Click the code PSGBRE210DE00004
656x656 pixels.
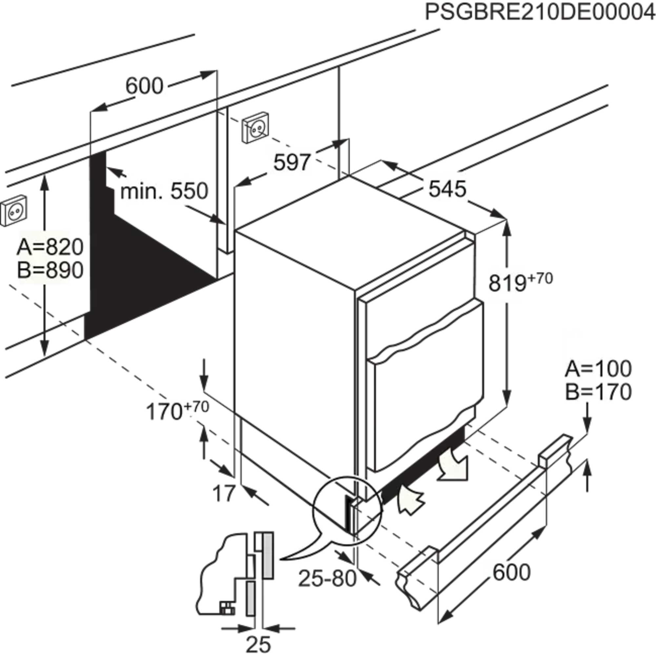click(540, 13)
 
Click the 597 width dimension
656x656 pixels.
click(292, 162)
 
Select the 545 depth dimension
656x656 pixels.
click(447, 189)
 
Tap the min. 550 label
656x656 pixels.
click(164, 191)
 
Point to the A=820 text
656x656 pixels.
click(50, 247)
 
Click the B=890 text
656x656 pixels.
click(50, 271)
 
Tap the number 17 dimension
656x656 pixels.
click(224, 493)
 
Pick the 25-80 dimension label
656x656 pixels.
click(327, 579)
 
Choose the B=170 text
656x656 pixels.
click(598, 392)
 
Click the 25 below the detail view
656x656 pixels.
click(258, 644)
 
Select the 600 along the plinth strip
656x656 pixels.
click(511, 572)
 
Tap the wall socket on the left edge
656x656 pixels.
click(13, 211)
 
